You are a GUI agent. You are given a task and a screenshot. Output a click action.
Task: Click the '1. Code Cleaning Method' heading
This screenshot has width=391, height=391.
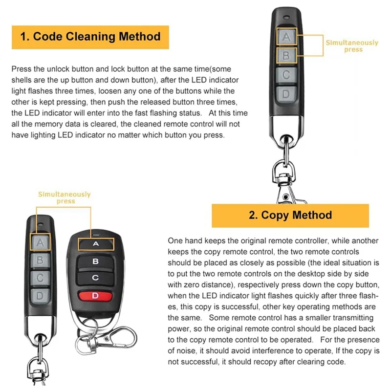[x=90, y=37]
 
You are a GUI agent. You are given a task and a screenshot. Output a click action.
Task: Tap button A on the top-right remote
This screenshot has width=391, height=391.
[x=287, y=36]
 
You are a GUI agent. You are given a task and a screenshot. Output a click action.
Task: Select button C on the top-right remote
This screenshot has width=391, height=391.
[x=287, y=75]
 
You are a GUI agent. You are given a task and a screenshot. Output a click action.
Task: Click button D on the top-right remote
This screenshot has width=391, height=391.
[x=287, y=94]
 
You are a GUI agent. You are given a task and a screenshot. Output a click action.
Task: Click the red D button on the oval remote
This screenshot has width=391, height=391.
[x=95, y=295]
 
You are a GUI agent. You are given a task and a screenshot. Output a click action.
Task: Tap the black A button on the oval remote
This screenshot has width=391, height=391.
[x=95, y=243]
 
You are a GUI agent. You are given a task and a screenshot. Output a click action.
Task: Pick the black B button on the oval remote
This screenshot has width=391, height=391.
[x=95, y=261]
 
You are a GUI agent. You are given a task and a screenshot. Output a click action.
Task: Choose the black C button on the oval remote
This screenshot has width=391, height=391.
[x=95, y=278]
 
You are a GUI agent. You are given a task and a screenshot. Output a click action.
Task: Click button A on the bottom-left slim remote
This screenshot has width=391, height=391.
[x=41, y=241]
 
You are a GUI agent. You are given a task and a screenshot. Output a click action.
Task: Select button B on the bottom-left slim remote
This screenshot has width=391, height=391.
[x=41, y=260]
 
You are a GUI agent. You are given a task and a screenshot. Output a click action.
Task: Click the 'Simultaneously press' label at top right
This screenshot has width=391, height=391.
[x=352, y=46]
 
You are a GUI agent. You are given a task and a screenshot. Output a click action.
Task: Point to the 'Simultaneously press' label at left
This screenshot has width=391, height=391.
[x=65, y=197]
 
